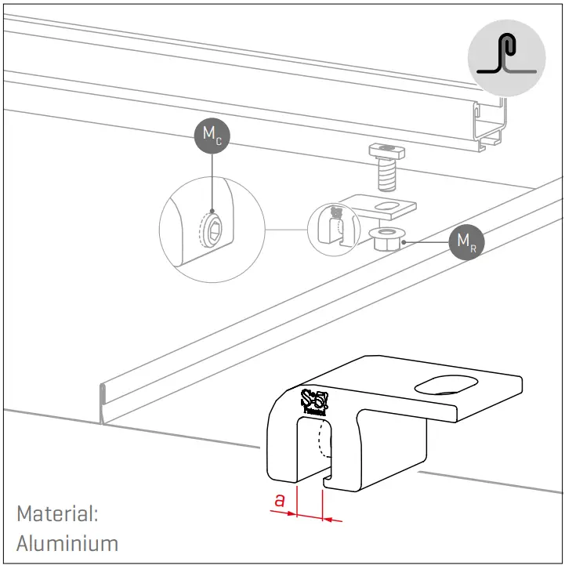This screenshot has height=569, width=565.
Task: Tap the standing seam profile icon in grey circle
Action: coord(506,58)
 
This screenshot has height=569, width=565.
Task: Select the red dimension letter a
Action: coord(279,499)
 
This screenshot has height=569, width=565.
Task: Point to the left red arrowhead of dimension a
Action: coord(291,514)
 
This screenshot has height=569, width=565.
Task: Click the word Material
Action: coord(57,514)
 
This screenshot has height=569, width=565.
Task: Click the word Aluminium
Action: coord(67,542)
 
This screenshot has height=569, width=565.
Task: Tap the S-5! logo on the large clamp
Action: coord(316,402)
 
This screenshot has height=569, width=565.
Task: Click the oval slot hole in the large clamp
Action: coord(445,386)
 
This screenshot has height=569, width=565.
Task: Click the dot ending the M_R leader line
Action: coord(403,243)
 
